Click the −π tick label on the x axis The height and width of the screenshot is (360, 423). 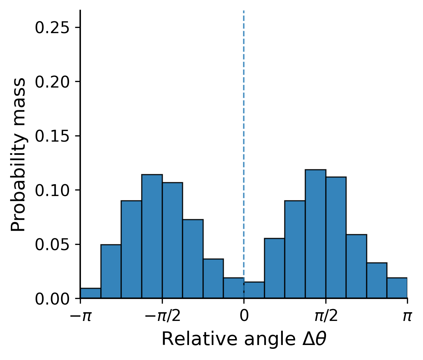(x=81, y=316)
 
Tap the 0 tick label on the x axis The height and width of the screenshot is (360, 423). (x=244, y=316)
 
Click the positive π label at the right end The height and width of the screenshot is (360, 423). (x=407, y=316)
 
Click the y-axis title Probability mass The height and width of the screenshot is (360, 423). (x=18, y=155)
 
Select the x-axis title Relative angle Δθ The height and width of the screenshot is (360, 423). (x=244, y=339)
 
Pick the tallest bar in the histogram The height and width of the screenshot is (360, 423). (x=315, y=234)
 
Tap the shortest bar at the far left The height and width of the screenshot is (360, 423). (x=91, y=293)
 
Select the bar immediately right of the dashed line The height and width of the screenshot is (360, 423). (x=254, y=290)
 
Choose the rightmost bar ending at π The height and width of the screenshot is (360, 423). (x=397, y=288)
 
